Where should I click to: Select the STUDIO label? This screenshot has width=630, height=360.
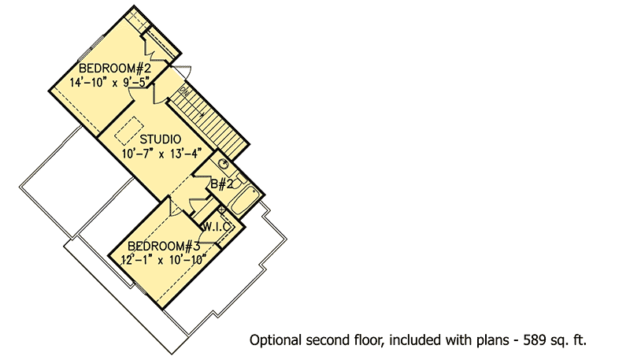tap(161, 139)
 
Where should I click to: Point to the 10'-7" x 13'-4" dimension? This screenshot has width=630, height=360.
tap(161, 154)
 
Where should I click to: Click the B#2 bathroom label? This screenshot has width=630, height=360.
tap(222, 184)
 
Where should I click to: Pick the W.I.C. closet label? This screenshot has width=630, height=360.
tap(217, 227)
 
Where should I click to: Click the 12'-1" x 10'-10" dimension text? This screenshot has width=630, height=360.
tap(164, 259)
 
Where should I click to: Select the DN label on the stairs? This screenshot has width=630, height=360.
tap(184, 91)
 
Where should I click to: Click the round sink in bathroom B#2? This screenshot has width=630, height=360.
tap(223, 164)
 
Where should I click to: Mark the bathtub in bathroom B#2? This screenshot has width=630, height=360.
tap(243, 202)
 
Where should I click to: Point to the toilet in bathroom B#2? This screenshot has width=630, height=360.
tap(238, 181)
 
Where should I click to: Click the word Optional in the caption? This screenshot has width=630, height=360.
tap(275, 341)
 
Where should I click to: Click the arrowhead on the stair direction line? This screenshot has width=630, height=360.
tap(202, 114)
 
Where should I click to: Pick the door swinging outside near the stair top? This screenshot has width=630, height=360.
tap(183, 72)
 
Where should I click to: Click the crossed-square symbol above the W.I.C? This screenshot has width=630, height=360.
tap(221, 210)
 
